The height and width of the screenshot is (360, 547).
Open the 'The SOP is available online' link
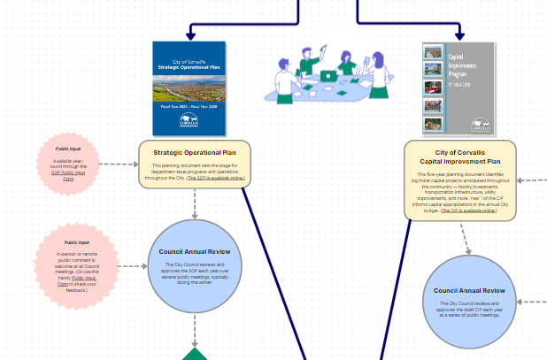pyautogui.click(x=212, y=177)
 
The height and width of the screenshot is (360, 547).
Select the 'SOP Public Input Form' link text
pyautogui.click(x=68, y=175)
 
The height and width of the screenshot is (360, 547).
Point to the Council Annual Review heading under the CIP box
pyautogui.click(x=469, y=291)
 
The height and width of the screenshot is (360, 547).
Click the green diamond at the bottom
pyautogui.click(x=195, y=355)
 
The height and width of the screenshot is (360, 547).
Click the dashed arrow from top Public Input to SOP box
pyautogui.click(x=117, y=164)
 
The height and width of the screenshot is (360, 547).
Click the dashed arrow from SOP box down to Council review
pyautogui.click(x=195, y=203)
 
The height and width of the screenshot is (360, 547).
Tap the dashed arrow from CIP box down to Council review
pyautogui.click(x=464, y=237)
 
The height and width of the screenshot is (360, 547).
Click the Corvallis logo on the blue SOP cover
pyautogui.click(x=189, y=119)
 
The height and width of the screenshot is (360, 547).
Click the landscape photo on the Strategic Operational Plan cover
pyautogui.click(x=189, y=88)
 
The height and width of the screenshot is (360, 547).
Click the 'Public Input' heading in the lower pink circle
pyautogui.click(x=76, y=242)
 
